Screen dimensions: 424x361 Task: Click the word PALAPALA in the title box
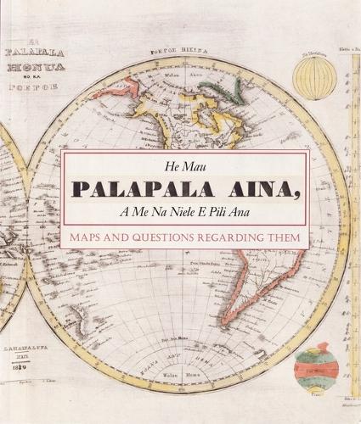tap(136, 193)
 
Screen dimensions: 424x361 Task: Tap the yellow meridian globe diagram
tap(314, 79)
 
